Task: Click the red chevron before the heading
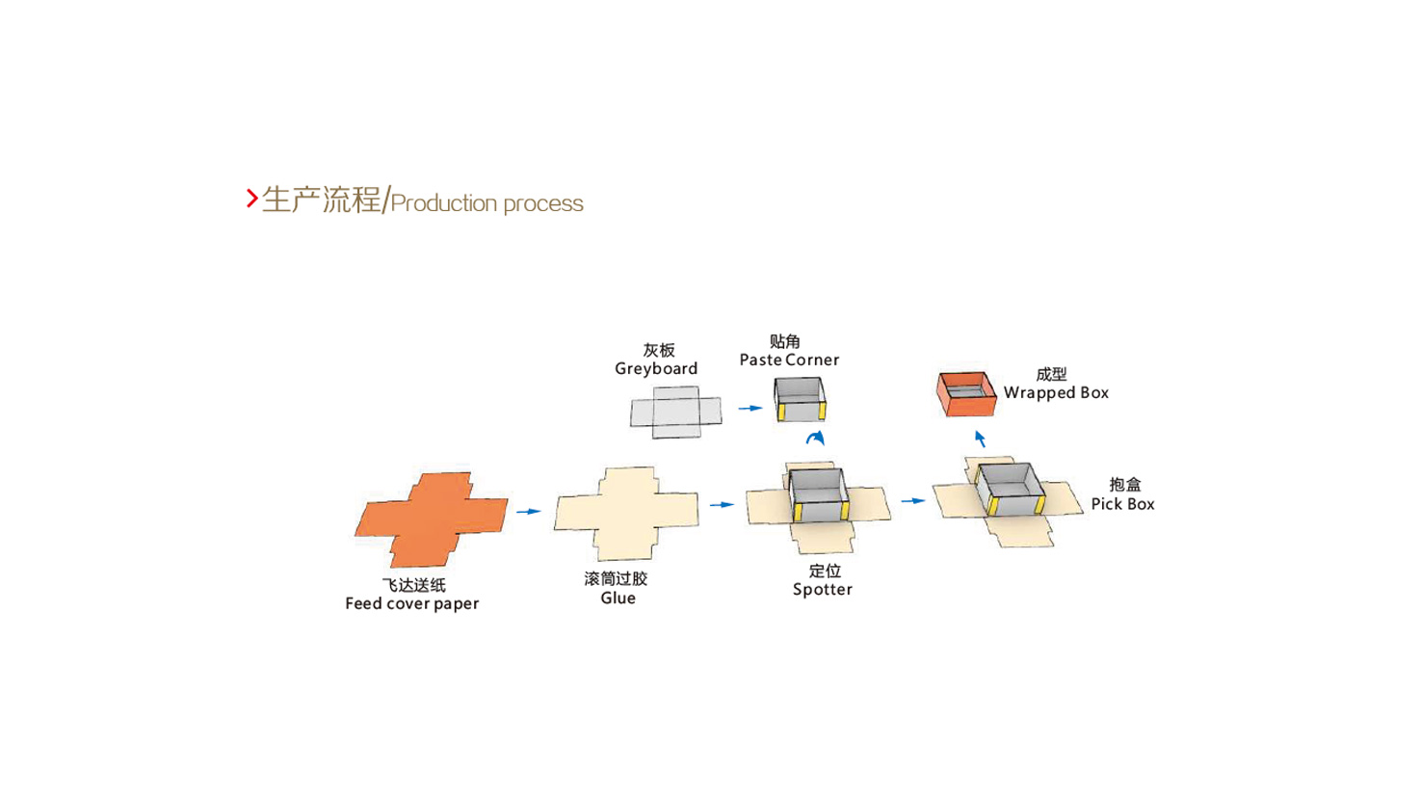(x=251, y=199)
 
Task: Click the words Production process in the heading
(x=486, y=203)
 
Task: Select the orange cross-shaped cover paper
(x=431, y=518)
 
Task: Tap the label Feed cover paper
(x=411, y=603)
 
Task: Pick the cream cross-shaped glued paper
(x=626, y=513)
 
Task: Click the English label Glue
(x=618, y=598)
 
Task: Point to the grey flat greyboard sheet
(x=675, y=413)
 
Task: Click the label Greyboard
(x=656, y=368)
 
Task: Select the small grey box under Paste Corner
(x=800, y=399)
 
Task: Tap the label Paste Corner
(x=789, y=360)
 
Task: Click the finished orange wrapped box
(x=965, y=393)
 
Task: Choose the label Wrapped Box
(x=1056, y=392)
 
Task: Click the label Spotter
(x=822, y=589)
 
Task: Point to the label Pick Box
(x=1122, y=503)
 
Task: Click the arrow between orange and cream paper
(x=528, y=511)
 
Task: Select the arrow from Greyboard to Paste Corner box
(x=749, y=408)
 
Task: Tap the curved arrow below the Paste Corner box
(x=815, y=439)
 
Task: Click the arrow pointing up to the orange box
(x=980, y=439)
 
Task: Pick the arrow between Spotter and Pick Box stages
(x=912, y=500)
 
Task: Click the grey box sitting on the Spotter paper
(x=819, y=495)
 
